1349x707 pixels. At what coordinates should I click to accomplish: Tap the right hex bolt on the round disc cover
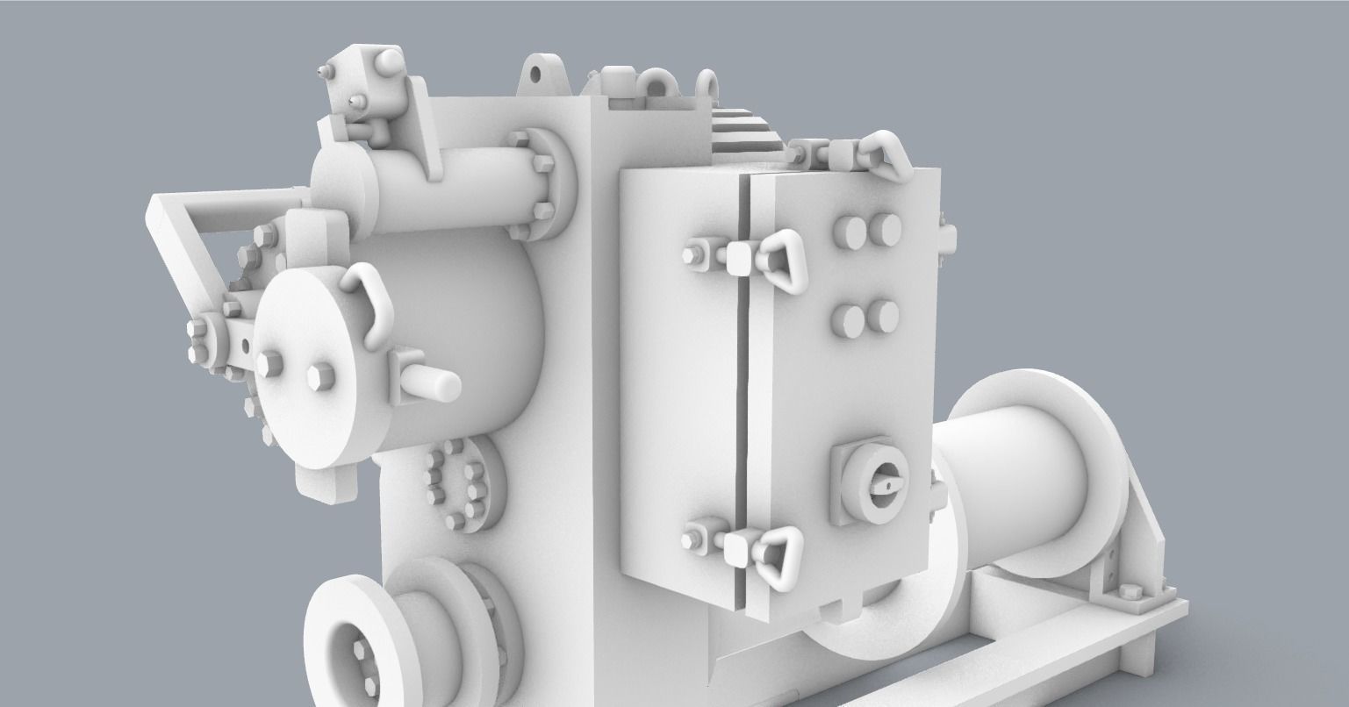click(x=319, y=375)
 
